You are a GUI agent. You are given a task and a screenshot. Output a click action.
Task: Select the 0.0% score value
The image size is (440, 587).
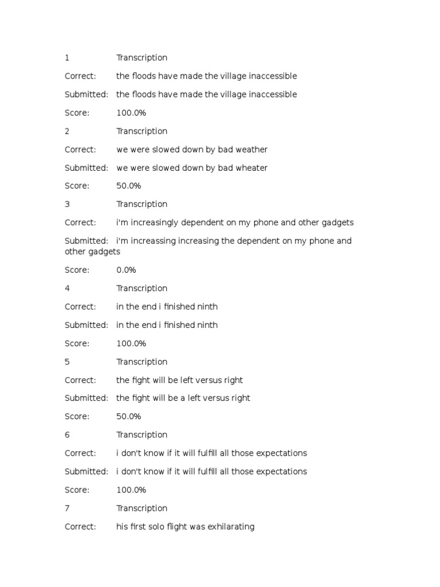[x=126, y=270]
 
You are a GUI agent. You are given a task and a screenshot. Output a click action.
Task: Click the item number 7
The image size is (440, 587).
[x=67, y=508]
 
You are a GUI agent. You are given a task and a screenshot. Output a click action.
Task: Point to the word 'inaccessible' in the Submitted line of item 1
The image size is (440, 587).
[x=272, y=95]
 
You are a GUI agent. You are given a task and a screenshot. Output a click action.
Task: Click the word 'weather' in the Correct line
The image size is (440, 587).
[x=252, y=150]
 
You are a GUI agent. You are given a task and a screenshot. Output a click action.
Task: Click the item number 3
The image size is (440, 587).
[x=67, y=204]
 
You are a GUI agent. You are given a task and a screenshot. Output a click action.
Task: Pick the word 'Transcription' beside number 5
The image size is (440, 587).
[x=142, y=362]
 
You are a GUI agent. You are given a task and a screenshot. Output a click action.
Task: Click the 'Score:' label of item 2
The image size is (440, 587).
[x=77, y=186]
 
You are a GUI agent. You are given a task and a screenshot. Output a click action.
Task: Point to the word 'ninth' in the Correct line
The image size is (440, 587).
[x=207, y=307]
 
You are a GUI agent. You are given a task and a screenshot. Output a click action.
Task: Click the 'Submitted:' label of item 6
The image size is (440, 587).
[x=86, y=471]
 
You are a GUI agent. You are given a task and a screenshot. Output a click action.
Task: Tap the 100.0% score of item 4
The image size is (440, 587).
[x=131, y=343]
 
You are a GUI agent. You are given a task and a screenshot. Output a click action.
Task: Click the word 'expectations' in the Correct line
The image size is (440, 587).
[x=281, y=453]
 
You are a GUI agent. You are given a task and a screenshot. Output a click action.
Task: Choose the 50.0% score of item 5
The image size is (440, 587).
[x=128, y=416]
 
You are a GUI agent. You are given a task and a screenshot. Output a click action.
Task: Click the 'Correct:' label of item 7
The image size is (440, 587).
[x=80, y=526]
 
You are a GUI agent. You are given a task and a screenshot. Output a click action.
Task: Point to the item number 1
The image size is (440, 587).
[x=67, y=57]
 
